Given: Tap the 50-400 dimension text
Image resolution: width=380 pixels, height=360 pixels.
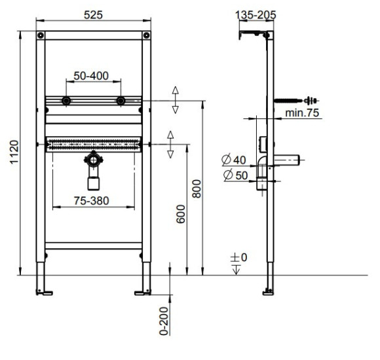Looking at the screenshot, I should [x=92, y=77].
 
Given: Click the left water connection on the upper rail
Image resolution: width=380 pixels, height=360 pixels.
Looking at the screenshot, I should [x=66, y=101].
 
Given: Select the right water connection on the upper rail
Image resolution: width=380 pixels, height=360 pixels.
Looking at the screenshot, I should [x=120, y=101].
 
